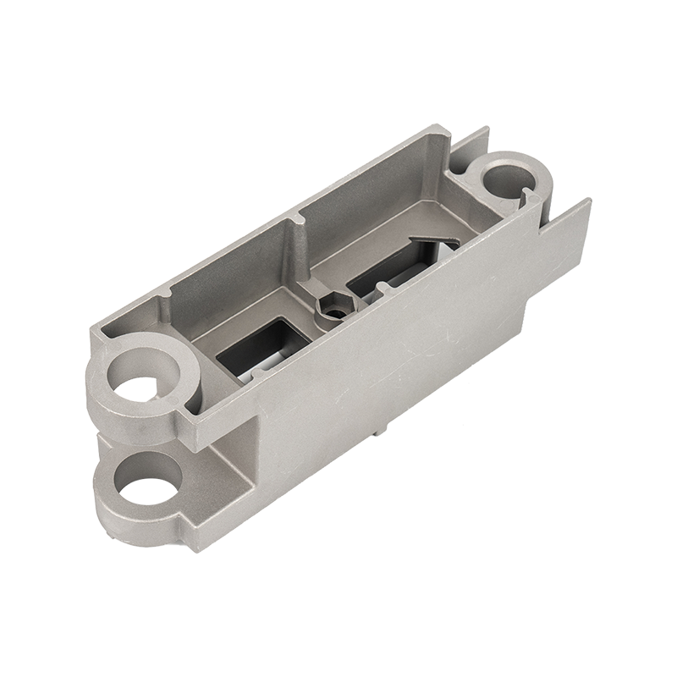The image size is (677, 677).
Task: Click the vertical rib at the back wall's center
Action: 298,245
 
